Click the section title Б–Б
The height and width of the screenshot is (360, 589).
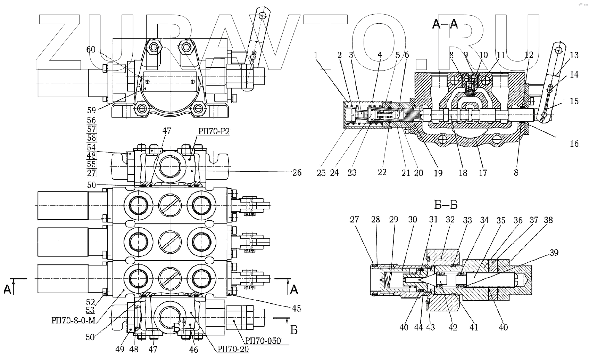[x=446, y=205]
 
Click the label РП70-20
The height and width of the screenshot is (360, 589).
[x=234, y=349]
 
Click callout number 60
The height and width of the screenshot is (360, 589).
[x=91, y=50]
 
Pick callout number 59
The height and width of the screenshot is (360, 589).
[x=91, y=111]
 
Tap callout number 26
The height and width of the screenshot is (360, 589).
[x=297, y=172]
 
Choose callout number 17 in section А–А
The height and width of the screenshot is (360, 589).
[x=483, y=173]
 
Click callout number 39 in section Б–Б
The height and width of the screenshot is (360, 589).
[x=554, y=253]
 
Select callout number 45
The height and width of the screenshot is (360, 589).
[x=296, y=308]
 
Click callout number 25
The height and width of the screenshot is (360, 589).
[x=321, y=173]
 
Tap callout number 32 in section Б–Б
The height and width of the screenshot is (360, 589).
[x=450, y=220]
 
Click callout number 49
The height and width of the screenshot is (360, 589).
[x=120, y=349]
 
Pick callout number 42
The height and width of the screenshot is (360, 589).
[x=453, y=327]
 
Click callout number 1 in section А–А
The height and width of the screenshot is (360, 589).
[x=316, y=55]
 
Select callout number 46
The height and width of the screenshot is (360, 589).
[x=194, y=349]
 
